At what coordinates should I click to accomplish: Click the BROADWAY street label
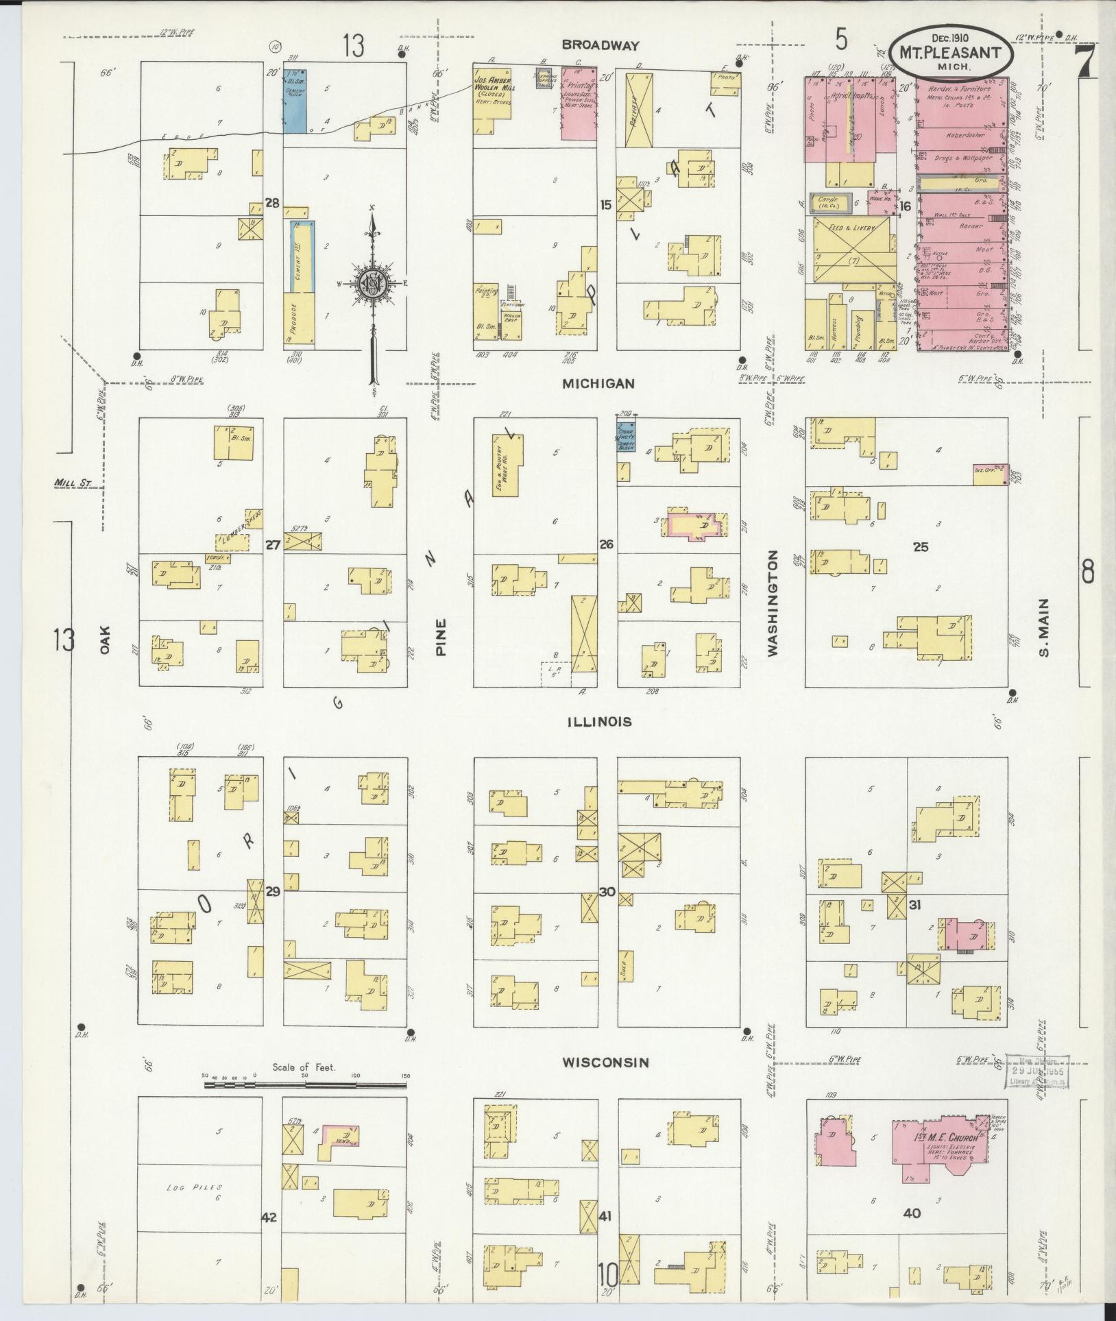[600, 45]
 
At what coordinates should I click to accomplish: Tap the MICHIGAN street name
[599, 384]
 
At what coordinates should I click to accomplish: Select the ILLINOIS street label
[599, 722]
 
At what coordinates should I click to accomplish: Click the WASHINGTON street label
[773, 604]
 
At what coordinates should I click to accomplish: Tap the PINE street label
[440, 637]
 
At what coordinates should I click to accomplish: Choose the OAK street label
[104, 638]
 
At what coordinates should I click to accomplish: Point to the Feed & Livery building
[854, 250]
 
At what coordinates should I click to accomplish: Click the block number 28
[273, 203]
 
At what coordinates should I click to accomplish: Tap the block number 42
[269, 1217]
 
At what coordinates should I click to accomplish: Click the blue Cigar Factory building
[626, 437]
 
